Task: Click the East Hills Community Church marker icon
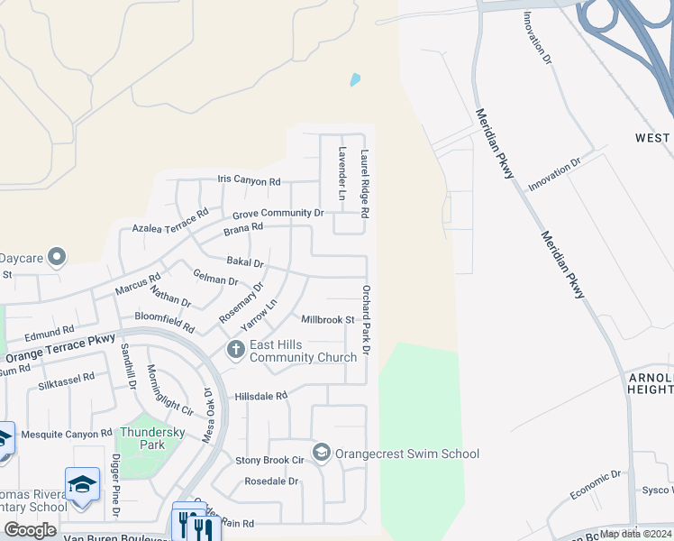236,350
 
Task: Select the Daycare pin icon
57,258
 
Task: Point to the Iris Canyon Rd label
249,180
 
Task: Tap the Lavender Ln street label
342,173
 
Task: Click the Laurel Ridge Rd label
366,183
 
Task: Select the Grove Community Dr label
278,214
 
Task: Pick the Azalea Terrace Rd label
170,223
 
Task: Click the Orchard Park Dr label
367,319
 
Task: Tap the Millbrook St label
328,320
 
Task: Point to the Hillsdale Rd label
260,396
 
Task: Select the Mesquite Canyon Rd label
68,433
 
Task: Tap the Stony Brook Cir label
269,460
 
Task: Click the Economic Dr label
596,486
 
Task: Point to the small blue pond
355,79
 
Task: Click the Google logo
30,529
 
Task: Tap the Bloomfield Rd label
165,320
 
